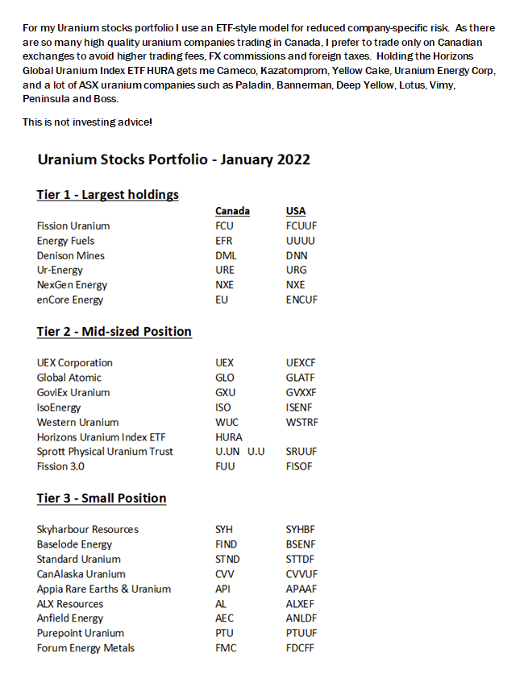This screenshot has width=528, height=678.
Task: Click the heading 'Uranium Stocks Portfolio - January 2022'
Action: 173,159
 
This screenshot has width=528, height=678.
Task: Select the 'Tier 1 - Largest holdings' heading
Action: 107,195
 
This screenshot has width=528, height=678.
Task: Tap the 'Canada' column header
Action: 232,211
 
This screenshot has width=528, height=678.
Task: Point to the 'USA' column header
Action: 296,211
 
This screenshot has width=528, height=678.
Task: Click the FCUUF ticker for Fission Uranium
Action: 301,226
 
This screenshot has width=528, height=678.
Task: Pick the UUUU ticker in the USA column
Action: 300,241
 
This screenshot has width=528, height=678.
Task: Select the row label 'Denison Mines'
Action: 70,255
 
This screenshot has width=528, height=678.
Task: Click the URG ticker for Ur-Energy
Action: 296,270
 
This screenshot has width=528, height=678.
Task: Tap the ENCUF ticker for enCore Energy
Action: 301,300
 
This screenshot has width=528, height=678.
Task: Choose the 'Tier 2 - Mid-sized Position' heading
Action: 114,332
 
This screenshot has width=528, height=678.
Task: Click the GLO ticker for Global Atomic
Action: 225,378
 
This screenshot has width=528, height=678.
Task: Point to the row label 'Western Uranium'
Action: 77,422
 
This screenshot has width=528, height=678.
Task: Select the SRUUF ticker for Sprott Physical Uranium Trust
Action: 301,452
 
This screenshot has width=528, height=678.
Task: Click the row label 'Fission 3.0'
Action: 60,466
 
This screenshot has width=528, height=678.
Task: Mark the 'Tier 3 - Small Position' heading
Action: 101,498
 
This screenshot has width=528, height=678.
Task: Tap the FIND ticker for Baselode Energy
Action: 227,544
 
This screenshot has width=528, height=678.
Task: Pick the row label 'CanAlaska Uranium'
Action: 81,574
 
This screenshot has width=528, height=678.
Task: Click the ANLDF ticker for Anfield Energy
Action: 301,618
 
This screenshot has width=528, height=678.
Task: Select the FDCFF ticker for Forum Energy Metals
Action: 301,648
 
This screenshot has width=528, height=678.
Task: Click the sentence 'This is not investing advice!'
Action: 87,122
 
